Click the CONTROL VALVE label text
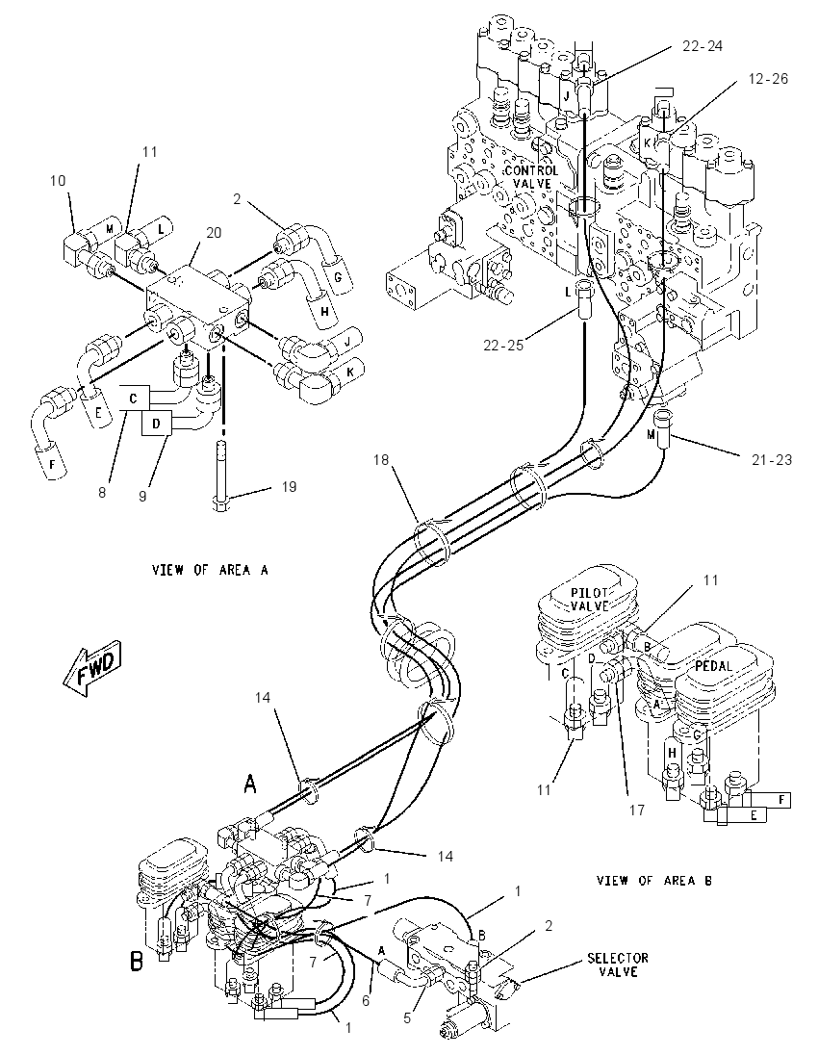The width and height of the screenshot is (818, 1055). point(531,177)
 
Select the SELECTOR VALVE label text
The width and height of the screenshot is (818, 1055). point(618,965)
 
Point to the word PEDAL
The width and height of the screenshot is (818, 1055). point(714,665)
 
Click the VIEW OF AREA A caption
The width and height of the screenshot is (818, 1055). point(210,570)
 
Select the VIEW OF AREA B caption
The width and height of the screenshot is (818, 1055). point(653,880)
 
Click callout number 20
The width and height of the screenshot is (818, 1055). point(214,233)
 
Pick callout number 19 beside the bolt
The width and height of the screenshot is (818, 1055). point(289,486)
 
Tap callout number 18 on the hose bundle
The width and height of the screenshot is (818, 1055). point(381,460)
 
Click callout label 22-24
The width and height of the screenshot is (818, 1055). point(703,46)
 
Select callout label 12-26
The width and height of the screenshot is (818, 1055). point(767,79)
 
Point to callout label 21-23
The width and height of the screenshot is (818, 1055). point(772,460)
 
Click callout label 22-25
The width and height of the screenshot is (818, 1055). point(503,346)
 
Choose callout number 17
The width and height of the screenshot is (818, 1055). point(636,811)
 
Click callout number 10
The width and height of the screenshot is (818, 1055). point(58,180)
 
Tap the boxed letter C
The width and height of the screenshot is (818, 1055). point(134,398)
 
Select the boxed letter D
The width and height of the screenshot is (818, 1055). point(157,424)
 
